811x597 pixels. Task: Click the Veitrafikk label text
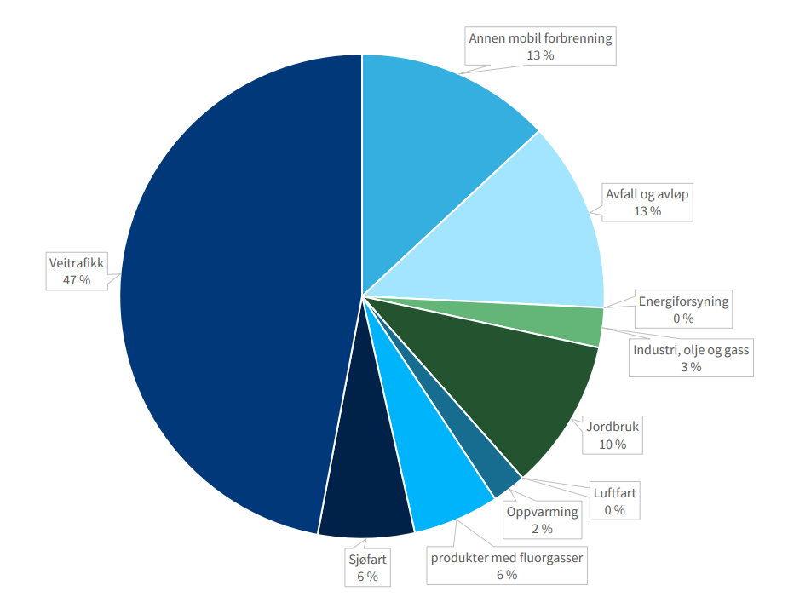point(77,263)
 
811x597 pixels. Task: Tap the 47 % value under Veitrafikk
point(77,280)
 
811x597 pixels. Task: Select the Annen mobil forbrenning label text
point(540,37)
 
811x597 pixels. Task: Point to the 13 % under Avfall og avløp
point(647,211)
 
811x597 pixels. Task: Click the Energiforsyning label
point(684,301)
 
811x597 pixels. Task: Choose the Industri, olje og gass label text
point(691,350)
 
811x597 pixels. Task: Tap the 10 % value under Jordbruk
point(613,445)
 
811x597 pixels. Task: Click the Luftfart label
point(615,492)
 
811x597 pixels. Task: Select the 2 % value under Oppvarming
point(542,529)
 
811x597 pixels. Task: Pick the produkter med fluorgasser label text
point(507,558)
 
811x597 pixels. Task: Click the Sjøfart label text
point(368,560)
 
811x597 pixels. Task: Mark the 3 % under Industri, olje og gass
point(691,368)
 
